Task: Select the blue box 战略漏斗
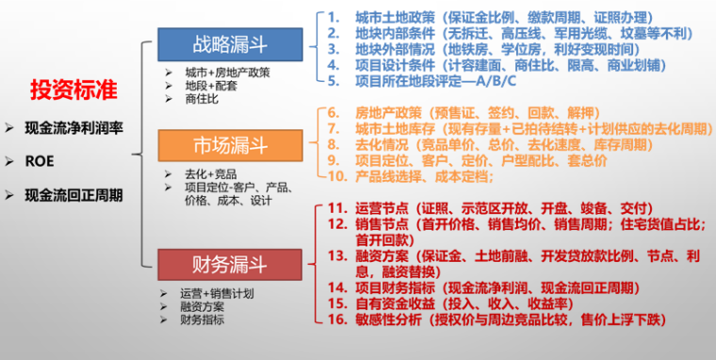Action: click(230, 44)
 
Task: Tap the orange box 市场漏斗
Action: click(230, 146)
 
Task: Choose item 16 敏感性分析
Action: click(499, 321)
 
